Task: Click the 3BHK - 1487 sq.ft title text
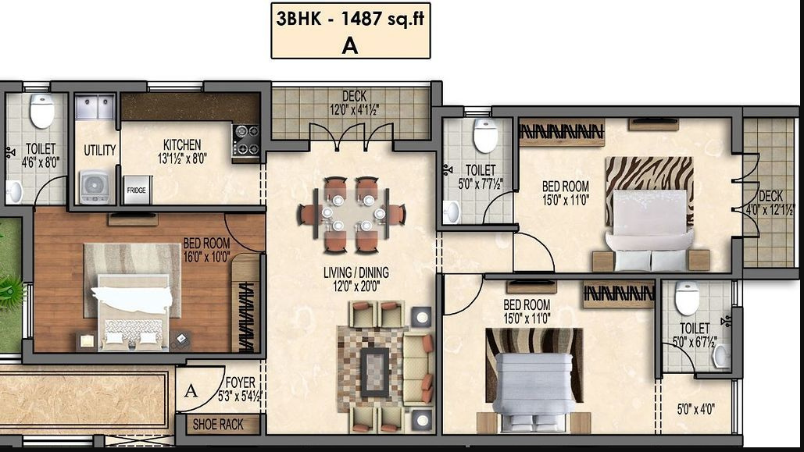coord(350,19)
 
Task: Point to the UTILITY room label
coord(99,151)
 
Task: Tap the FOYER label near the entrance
coord(240,383)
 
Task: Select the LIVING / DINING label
coord(356,273)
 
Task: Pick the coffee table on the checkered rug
coord(374,370)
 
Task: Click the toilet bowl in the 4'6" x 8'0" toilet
coord(42,111)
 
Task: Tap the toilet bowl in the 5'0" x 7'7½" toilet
coord(485,136)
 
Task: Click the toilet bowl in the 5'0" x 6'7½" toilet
coord(687,297)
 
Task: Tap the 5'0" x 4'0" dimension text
coord(695,408)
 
